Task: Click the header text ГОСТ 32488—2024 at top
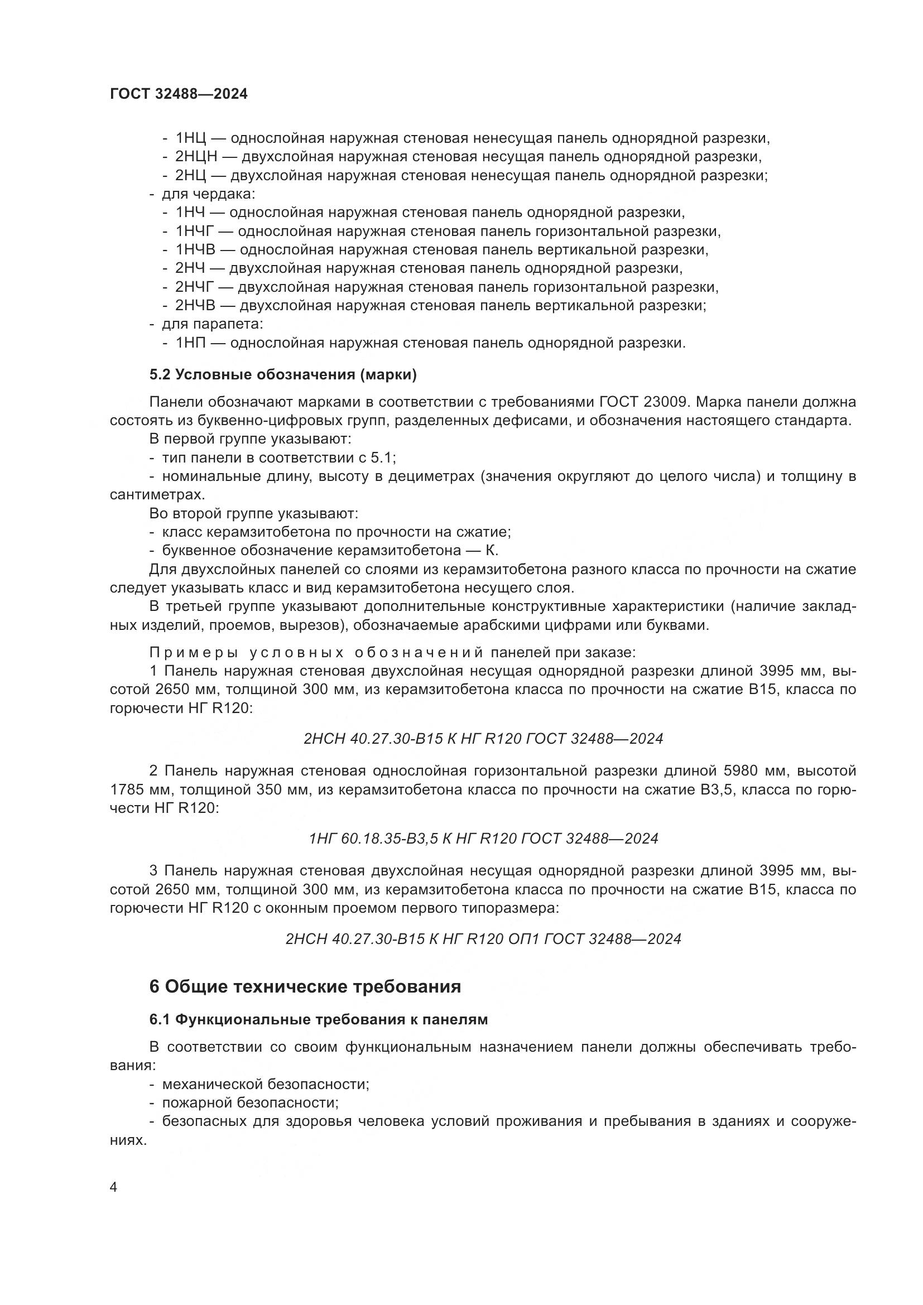[x=179, y=94]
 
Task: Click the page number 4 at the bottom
[x=113, y=1188]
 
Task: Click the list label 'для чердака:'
[x=209, y=194]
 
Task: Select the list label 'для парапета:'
[x=213, y=325]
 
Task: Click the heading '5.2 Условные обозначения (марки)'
[x=283, y=375]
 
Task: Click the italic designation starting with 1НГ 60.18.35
[x=484, y=839]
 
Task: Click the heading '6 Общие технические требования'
[x=305, y=988]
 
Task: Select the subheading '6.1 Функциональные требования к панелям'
[x=318, y=1020]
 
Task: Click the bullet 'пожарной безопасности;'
[x=250, y=1103]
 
